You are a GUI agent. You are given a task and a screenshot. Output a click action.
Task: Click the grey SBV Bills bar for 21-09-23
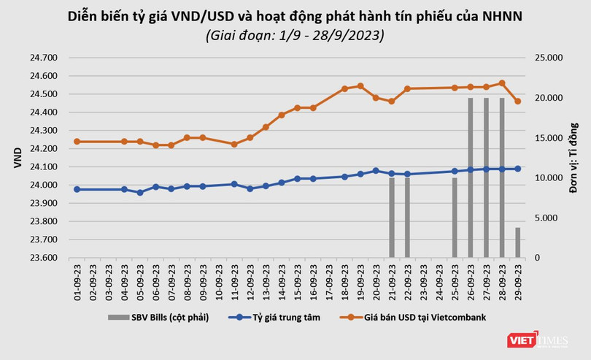click(x=392, y=218)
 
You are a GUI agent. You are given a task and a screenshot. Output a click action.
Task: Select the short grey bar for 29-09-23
click(x=518, y=242)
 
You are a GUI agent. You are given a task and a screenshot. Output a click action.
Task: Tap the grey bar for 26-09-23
click(x=471, y=177)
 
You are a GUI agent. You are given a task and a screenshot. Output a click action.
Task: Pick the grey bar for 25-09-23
click(x=455, y=218)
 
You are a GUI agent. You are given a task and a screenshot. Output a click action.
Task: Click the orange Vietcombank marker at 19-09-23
click(x=360, y=86)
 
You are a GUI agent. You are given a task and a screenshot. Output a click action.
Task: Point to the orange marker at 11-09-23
click(x=234, y=144)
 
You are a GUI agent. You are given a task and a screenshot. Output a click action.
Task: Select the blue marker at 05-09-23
click(x=140, y=193)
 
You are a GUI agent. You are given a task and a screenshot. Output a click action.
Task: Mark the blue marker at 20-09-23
click(x=376, y=171)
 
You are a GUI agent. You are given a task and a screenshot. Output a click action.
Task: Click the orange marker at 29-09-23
click(x=518, y=102)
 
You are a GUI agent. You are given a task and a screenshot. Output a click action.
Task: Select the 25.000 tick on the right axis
click(x=548, y=57)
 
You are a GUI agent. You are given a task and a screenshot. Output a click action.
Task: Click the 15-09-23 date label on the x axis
click(x=298, y=279)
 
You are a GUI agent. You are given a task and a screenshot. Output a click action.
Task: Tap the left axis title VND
click(x=18, y=158)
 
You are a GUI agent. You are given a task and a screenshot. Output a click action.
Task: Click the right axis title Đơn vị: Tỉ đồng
click(x=573, y=158)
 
